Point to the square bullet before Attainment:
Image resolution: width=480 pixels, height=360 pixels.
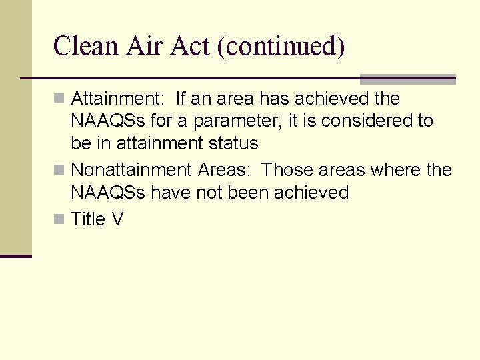coord(59,99)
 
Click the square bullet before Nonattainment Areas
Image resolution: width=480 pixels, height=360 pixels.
coord(59,171)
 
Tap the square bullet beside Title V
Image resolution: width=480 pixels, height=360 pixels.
coord(59,220)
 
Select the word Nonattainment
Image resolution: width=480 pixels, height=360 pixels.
coord(132,170)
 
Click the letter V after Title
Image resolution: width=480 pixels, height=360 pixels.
coord(118,219)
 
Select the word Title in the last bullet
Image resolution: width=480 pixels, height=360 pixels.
coord(89,219)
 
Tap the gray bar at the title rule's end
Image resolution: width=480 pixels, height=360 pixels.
coord(407,79)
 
